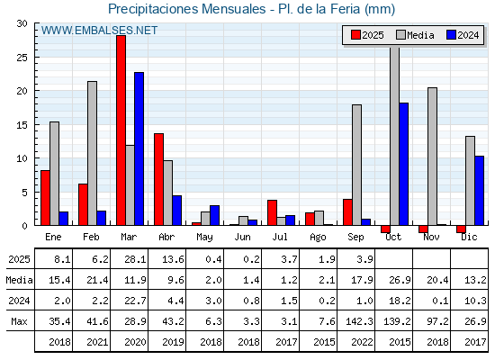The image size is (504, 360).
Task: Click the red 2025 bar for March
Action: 121,130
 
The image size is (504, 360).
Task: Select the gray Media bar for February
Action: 92,153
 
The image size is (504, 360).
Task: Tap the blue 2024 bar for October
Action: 404,164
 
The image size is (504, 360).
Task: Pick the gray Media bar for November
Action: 432,157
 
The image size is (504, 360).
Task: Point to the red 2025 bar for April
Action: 158,179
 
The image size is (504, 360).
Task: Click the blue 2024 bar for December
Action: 479,191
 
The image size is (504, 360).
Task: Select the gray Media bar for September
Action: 356,165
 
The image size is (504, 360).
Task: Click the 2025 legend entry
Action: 367,35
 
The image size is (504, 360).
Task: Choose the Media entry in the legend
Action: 415,35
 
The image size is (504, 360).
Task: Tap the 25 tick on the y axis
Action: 22,58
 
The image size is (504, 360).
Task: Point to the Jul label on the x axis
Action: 280,237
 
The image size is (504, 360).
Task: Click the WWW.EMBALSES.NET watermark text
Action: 99,31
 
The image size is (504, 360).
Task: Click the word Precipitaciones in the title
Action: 153,9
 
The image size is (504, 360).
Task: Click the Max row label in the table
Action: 19,321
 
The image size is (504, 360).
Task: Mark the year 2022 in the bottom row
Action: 362,342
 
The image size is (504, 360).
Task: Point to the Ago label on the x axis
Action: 318,238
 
